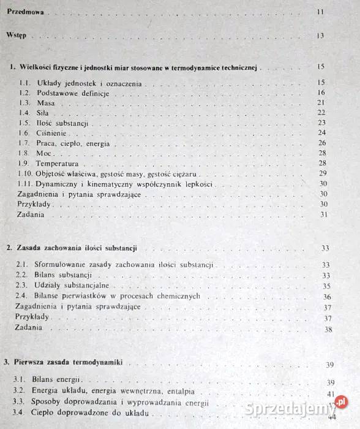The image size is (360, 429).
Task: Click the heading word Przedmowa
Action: [x=25, y=12]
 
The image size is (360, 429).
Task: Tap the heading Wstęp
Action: [x=16, y=36]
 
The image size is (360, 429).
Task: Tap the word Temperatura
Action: [x=59, y=163]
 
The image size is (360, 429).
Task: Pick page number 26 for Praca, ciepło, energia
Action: [x=323, y=143]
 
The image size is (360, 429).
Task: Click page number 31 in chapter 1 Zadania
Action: [x=324, y=214]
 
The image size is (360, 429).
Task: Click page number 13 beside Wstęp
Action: [x=320, y=36]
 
